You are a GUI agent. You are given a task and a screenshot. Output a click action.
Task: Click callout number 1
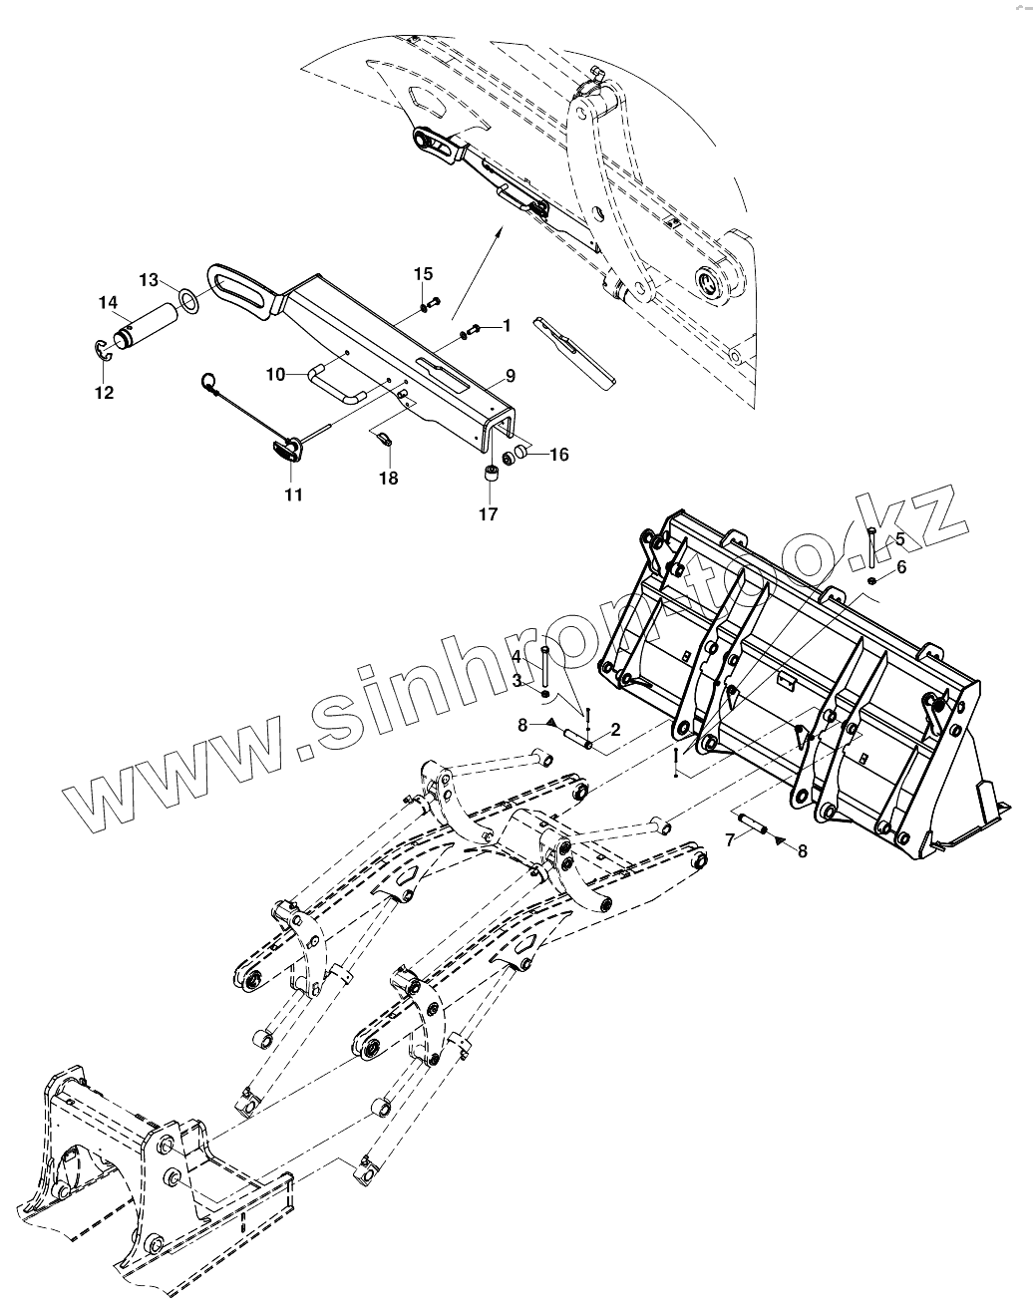[x=507, y=325]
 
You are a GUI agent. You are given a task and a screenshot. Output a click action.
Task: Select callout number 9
[x=510, y=375]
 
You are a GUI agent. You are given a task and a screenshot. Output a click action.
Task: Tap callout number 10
[x=276, y=374]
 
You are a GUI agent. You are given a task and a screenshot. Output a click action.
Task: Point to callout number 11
[x=293, y=494]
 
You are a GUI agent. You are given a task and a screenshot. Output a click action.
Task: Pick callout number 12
[x=105, y=393]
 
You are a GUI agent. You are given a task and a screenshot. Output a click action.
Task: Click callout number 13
[x=149, y=279]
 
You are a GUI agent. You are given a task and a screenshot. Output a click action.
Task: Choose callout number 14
[x=108, y=302]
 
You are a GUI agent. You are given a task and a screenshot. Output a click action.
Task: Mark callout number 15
[x=424, y=273]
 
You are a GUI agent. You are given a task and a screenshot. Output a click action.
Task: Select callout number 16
[x=558, y=455]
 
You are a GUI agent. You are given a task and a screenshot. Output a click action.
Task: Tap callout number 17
[x=489, y=514]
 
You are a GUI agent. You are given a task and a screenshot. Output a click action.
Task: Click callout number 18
[x=388, y=479]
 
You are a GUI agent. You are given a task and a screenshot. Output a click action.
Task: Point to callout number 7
[x=730, y=840]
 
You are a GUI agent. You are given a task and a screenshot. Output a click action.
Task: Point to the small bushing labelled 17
[x=490, y=474]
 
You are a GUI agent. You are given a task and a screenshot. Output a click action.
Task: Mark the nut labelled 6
[x=873, y=580]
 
